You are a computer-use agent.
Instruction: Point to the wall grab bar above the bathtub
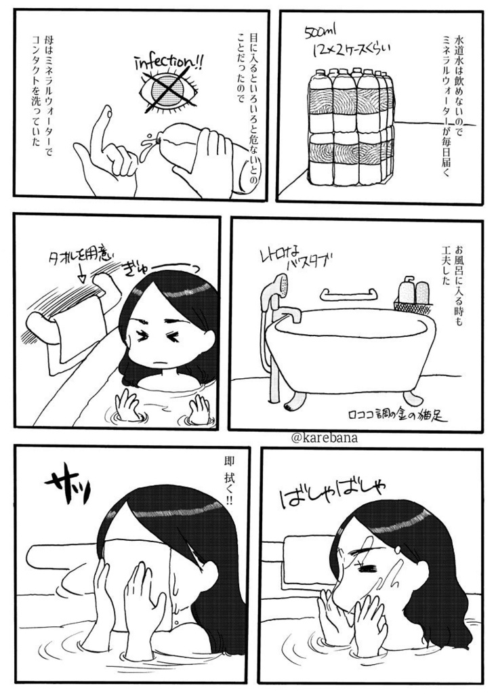pyautogui.click(x=348, y=295)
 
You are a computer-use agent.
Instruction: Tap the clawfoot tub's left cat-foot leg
pyautogui.click(x=292, y=401)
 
